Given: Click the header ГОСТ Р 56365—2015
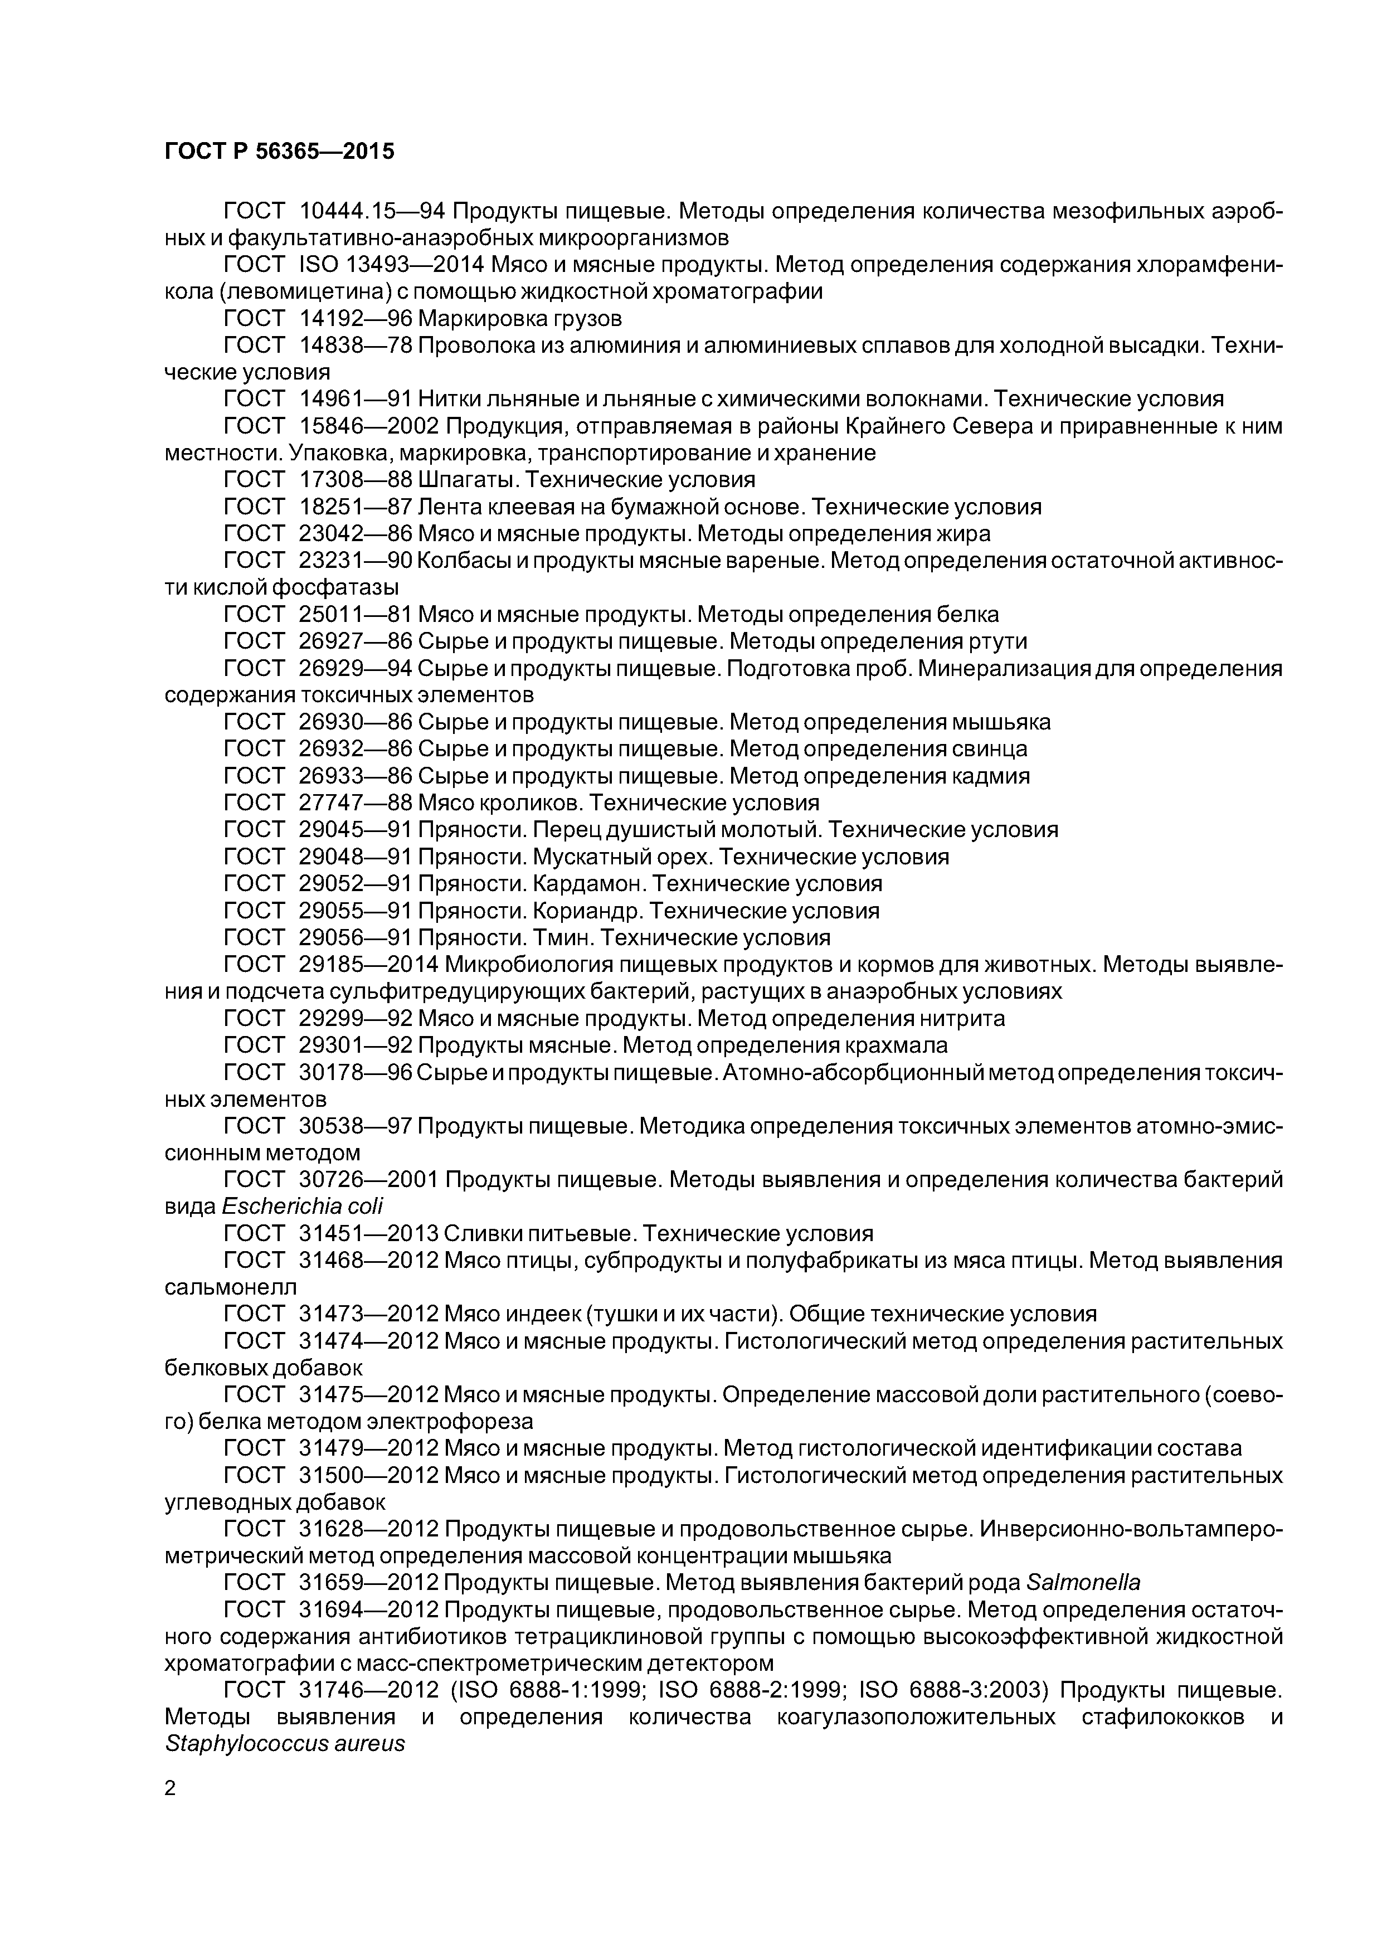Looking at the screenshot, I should point(279,152).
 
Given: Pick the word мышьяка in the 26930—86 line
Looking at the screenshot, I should point(1001,722).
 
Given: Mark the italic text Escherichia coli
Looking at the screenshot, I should point(302,1207).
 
